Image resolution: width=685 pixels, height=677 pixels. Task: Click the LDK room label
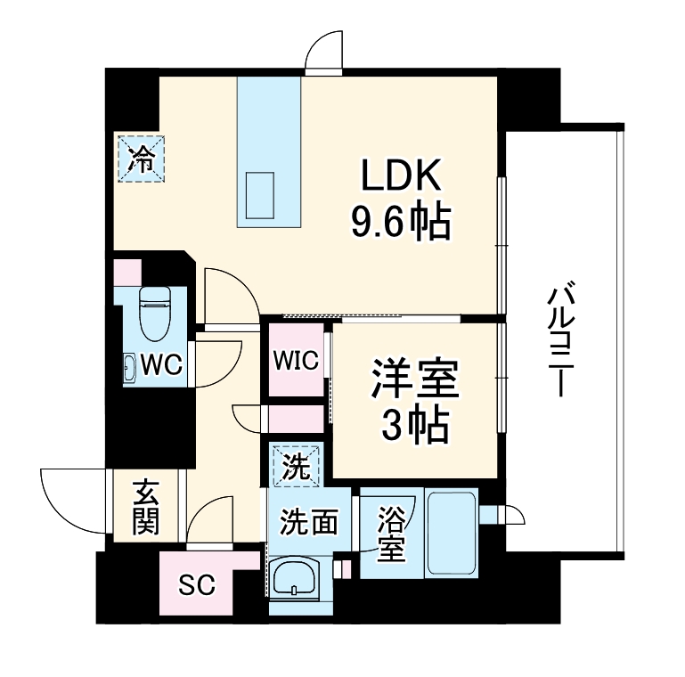(401, 175)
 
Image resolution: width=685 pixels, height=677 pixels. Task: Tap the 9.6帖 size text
(401, 222)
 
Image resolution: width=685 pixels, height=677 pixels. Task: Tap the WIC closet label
(296, 361)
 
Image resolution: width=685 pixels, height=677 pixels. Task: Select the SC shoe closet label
(196, 585)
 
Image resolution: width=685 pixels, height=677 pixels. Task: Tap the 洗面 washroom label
(308, 522)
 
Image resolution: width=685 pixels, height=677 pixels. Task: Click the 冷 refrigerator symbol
(142, 159)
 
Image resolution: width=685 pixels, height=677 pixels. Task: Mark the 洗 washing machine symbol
(296, 465)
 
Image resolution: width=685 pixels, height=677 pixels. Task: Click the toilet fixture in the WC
(156, 313)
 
